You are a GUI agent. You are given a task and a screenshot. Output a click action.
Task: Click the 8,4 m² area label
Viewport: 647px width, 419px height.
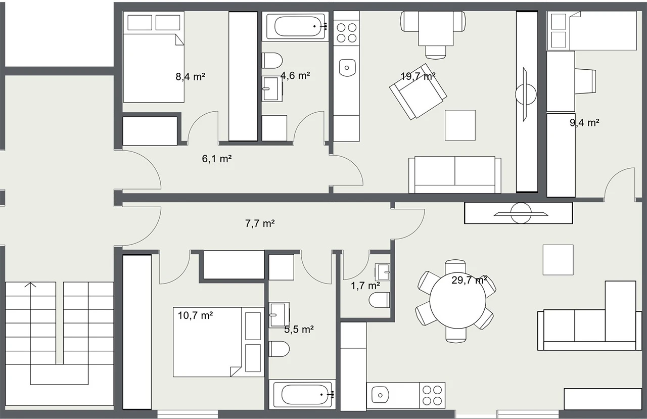pos(191,77)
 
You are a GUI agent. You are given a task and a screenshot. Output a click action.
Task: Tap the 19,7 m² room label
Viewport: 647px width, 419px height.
pos(418,76)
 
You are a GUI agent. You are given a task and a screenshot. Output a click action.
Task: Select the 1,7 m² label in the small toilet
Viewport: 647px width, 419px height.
pos(365,286)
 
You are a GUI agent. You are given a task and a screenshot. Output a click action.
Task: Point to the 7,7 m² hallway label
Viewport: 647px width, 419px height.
pos(260,223)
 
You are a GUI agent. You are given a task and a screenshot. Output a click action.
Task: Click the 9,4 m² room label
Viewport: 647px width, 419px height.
pos(584,123)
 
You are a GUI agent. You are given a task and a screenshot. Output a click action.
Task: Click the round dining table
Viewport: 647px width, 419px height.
pos(457,300)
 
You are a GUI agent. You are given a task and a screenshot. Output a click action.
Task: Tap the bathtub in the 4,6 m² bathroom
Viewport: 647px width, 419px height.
pos(298,26)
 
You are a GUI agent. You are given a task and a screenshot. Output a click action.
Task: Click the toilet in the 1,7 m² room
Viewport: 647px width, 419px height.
pos(379,300)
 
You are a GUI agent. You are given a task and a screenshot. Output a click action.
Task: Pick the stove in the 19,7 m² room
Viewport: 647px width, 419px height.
pos(346,33)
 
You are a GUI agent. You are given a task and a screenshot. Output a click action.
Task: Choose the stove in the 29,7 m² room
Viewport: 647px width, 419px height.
pos(432,395)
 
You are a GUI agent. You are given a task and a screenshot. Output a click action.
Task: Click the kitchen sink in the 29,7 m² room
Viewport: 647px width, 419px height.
pos(380,395)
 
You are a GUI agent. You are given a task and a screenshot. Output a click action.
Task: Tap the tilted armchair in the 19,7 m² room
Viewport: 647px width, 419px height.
pos(418,92)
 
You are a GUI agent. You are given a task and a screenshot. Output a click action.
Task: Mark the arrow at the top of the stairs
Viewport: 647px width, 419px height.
pos(30,285)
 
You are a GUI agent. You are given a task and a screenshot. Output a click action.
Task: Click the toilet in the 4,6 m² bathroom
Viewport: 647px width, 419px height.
pos(272,61)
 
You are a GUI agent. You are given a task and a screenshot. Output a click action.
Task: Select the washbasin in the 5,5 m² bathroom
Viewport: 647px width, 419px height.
pos(279,315)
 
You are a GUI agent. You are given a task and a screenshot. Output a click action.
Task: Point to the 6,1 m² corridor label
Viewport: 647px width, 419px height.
pos(217,159)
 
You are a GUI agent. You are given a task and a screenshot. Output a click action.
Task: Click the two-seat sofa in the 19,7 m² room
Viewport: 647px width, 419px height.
pos(454,175)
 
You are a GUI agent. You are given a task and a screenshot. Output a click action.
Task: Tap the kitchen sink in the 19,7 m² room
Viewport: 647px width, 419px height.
pos(347,68)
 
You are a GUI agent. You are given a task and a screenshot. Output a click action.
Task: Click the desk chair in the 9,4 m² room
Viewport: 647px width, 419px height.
pos(585,81)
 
